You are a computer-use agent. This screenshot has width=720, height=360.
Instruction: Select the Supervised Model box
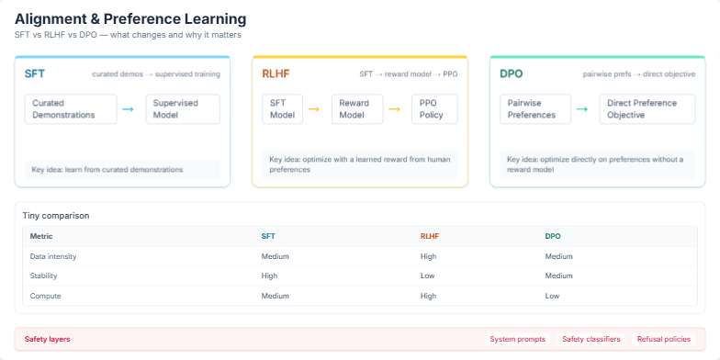183,108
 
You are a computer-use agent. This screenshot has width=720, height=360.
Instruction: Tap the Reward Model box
354,108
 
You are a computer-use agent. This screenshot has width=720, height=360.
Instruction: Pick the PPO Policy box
431,108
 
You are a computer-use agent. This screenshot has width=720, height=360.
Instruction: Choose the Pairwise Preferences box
533,108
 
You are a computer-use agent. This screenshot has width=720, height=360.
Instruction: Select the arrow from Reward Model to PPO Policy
394,109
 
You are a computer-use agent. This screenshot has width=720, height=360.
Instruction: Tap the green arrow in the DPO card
581,109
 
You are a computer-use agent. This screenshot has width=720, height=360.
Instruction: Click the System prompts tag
518,339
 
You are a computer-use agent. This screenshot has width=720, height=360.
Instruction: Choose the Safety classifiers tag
591,339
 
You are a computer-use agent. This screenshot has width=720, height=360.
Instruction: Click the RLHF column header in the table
430,236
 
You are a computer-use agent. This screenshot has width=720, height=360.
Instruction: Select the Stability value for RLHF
427,276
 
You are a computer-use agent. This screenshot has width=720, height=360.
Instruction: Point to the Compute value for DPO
552,296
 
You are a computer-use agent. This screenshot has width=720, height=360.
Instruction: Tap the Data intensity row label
51,256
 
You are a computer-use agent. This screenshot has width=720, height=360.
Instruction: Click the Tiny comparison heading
56,216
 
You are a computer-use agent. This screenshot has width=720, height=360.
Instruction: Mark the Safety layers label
47,339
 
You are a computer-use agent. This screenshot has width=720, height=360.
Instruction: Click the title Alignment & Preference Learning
130,18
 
